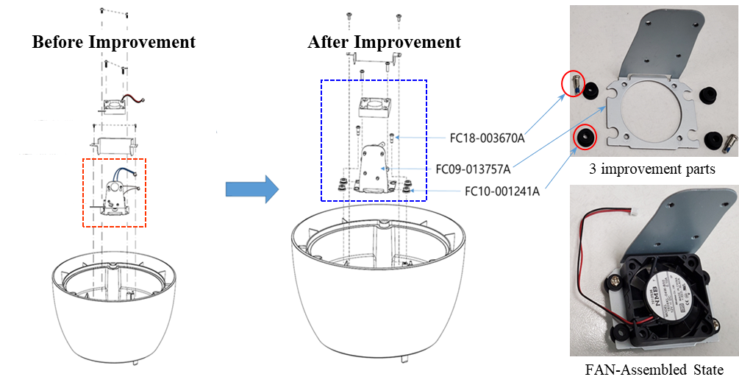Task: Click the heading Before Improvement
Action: (x=114, y=41)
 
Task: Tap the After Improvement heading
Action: (x=384, y=41)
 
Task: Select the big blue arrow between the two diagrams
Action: (x=251, y=189)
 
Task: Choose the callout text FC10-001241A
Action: (x=502, y=192)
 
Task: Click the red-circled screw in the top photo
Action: (x=574, y=85)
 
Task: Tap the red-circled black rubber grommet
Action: (x=585, y=137)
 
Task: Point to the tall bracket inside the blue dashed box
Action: (x=375, y=166)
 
